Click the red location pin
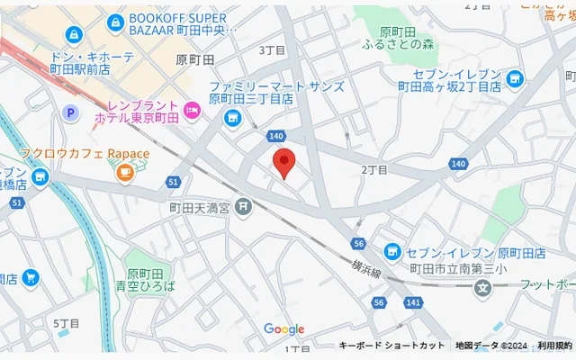tap(284, 165)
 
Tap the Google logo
tap(284, 329)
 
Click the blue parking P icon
tap(68, 112)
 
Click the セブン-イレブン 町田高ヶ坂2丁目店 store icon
tap(514, 80)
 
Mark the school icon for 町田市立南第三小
tap(484, 289)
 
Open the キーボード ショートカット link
tap(391, 346)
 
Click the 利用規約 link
tap(554, 346)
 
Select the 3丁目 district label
tap(271, 50)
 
